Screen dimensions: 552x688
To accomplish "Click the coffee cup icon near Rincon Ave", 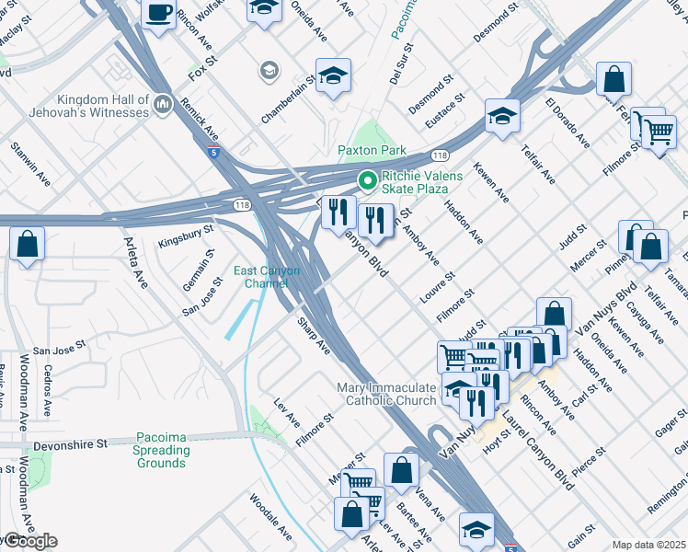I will [x=159, y=13].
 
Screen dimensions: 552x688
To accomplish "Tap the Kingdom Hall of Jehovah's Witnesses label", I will [x=102, y=106].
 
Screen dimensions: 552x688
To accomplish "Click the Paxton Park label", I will [x=372, y=150].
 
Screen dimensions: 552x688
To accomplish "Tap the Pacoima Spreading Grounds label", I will [x=161, y=450].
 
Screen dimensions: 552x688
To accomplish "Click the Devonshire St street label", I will [x=69, y=443].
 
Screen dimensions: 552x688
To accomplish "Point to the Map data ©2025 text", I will [x=648, y=545].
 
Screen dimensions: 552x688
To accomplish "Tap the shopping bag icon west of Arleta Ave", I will [x=28, y=245].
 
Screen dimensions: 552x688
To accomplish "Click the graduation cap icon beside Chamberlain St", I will [x=333, y=75].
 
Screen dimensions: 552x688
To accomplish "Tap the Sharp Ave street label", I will [x=313, y=337].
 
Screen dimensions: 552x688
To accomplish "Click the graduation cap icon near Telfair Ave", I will [x=503, y=116].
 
